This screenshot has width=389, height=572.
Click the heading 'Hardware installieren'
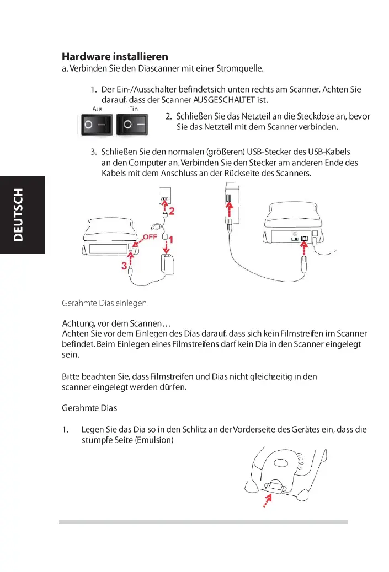click(115, 57)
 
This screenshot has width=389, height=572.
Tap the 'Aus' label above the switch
click(97, 109)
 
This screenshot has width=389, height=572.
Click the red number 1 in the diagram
click(172, 240)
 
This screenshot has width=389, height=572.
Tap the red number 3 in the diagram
click(125, 266)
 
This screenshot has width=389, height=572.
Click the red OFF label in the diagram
click(151, 237)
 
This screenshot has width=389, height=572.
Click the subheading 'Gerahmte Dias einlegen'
click(104, 303)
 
